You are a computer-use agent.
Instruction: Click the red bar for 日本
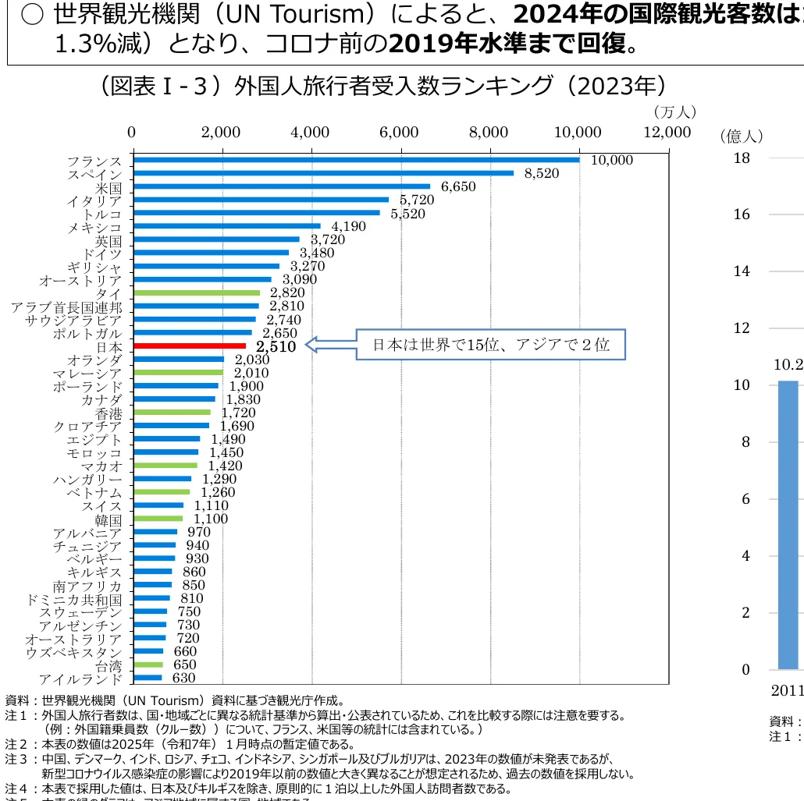tap(190, 346)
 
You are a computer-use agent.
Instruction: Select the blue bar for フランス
tap(357, 160)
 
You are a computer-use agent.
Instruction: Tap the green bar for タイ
tap(197, 292)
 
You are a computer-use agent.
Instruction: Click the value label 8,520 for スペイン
tap(542, 173)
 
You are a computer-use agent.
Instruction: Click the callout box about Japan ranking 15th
tap(490, 344)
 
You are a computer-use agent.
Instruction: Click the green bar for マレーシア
tap(179, 372)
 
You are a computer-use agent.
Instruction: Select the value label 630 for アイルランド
tap(184, 678)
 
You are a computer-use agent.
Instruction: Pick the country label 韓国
tap(109, 519)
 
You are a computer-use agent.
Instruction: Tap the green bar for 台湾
tap(148, 665)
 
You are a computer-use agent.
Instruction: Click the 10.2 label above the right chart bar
tap(788, 364)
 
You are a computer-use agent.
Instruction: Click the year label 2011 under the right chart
tap(787, 690)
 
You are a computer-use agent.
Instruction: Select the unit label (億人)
tap(740, 136)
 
